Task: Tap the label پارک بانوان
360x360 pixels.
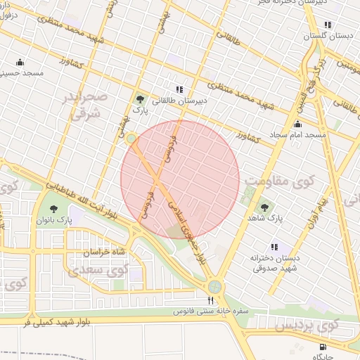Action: coord(54,221)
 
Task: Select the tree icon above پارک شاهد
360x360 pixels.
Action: coord(265,207)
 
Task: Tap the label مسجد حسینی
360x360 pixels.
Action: coord(22,73)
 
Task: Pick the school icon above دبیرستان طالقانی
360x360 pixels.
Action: coord(179,89)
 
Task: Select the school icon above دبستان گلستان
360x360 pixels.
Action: coord(328,23)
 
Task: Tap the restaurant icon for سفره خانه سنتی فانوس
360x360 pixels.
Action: coord(210,300)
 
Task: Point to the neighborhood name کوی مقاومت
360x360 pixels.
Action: coord(278,181)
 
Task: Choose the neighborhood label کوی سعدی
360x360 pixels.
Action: coord(101,269)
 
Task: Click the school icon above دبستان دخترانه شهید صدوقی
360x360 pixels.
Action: coord(274,247)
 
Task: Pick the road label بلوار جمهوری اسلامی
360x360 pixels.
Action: coord(189,229)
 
